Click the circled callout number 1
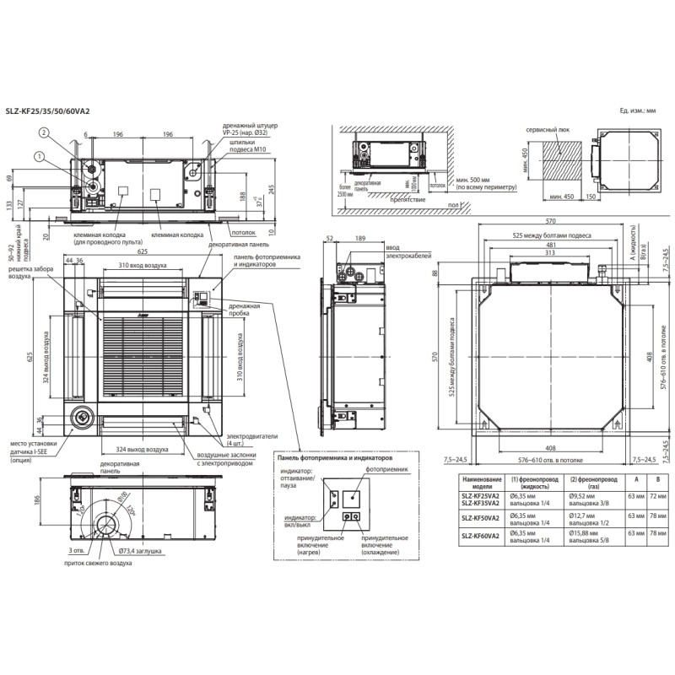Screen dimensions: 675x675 38,155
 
